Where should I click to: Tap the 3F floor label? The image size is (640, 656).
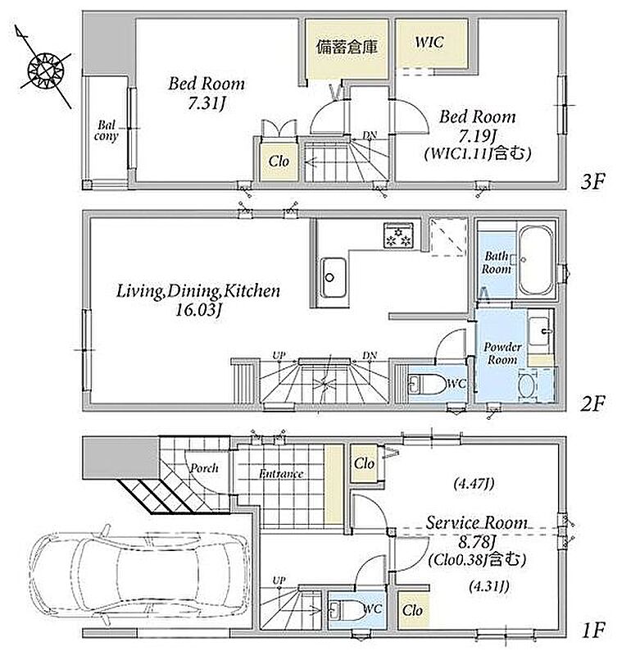tap(592, 181)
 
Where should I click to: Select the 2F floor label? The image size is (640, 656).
tap(592, 403)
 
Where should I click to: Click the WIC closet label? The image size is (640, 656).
tap(429, 42)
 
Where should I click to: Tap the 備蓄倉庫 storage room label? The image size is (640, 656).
tap(347, 47)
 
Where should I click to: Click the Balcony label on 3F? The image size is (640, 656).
tap(107, 130)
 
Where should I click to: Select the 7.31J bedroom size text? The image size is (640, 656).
tap(207, 103)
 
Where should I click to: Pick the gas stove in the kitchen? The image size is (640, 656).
tap(398, 235)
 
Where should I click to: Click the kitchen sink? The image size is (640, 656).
tap(334, 277)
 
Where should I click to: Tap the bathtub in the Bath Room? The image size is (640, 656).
tap(535, 262)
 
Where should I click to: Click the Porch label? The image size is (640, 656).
tap(204, 467)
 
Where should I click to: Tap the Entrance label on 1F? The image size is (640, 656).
tap(281, 474)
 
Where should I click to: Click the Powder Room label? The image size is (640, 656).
tap(502, 353)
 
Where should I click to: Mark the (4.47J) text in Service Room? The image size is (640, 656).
tap(474, 484)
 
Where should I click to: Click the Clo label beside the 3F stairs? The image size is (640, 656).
tap(279, 161)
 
